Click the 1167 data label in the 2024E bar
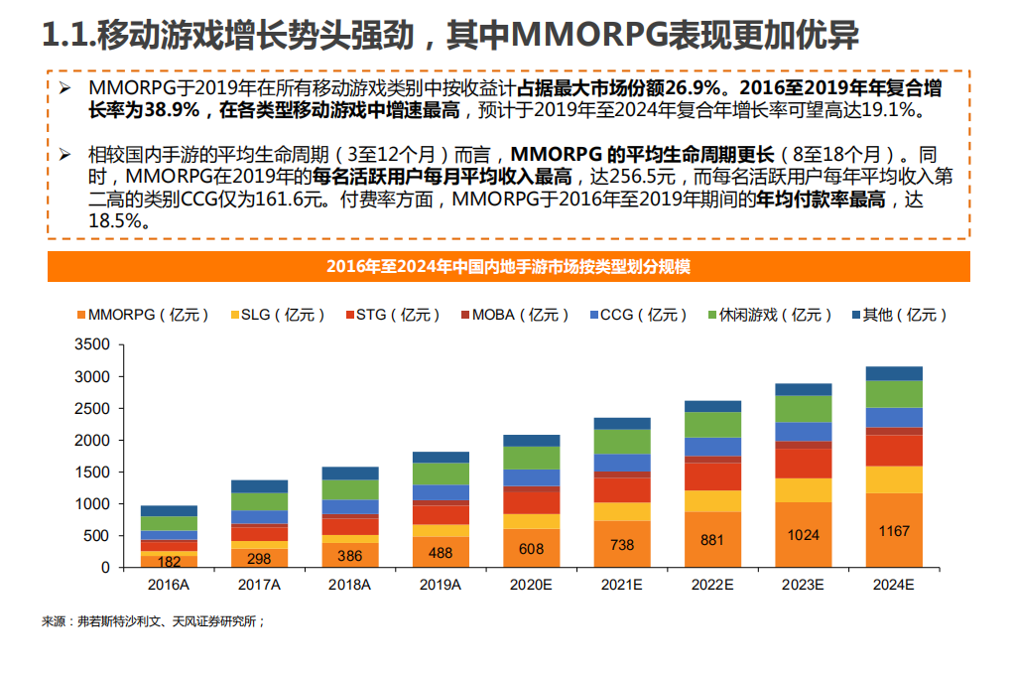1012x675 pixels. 893,531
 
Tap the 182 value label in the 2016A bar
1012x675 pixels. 169,561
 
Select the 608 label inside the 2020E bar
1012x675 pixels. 531,548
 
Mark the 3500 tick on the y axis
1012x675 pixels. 91,344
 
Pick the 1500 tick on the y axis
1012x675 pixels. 91,472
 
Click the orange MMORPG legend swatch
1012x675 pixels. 80,315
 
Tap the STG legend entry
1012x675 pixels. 391,315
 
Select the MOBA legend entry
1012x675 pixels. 512,315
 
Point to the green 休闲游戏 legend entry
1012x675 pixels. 769,315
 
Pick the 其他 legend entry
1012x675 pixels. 898,315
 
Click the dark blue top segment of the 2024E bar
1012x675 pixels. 893,373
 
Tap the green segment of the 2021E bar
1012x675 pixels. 621,442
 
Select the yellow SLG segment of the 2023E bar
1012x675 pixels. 802,490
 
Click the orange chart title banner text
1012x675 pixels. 508,267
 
